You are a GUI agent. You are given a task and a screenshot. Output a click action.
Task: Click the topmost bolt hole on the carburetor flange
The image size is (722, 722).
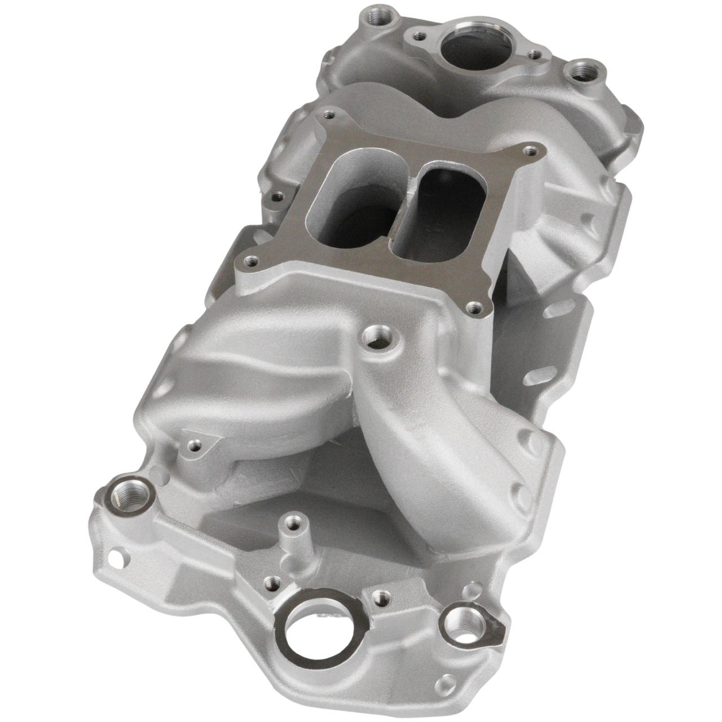[x=325, y=116]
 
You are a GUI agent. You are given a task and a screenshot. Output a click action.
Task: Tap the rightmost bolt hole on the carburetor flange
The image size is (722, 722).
[x=529, y=150]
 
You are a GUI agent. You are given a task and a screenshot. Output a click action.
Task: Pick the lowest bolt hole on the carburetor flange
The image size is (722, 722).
[x=473, y=307]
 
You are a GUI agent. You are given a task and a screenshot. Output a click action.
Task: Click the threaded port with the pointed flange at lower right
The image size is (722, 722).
[x=464, y=619]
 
